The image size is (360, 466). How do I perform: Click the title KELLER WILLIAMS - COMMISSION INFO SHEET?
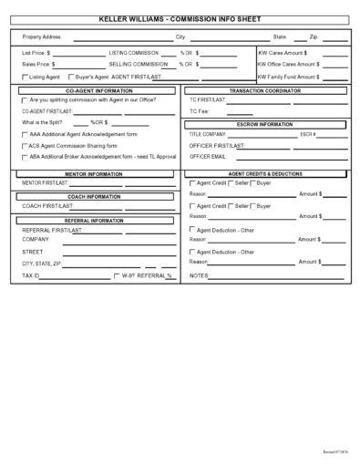(x=180, y=17)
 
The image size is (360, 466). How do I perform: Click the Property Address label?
(x=42, y=37)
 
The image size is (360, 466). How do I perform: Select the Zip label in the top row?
(x=314, y=37)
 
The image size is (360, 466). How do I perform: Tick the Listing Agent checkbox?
(x=25, y=78)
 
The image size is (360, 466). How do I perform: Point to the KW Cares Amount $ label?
(x=288, y=54)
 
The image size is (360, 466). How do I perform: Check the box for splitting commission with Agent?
(x=25, y=100)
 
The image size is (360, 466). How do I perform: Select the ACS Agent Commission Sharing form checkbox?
(x=25, y=145)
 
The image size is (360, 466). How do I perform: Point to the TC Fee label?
(x=201, y=111)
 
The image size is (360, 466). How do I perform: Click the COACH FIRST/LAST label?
(x=44, y=207)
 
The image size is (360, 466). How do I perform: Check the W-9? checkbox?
(x=116, y=274)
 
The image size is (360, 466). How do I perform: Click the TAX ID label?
(x=31, y=274)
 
